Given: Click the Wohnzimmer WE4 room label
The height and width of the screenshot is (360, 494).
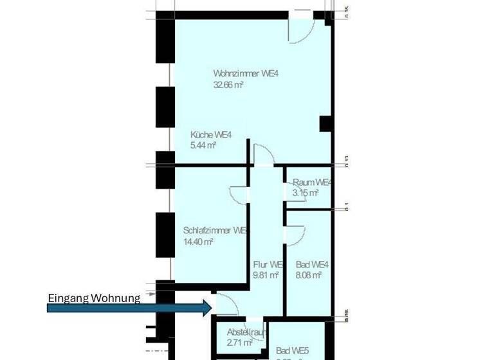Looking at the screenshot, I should pyautogui.click(x=246, y=73).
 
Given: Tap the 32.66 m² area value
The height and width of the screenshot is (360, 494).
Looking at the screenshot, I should pyautogui.click(x=228, y=84).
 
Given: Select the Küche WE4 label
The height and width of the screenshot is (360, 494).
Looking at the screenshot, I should pyautogui.click(x=210, y=134).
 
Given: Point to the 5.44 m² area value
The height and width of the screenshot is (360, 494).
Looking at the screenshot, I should pyautogui.click(x=203, y=145).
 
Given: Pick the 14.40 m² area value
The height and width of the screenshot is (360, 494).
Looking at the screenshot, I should pyautogui.click(x=198, y=242).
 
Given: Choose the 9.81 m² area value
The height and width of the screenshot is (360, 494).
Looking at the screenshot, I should pyautogui.click(x=266, y=275).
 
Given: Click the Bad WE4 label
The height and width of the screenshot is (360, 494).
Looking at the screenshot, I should pyautogui.click(x=313, y=264).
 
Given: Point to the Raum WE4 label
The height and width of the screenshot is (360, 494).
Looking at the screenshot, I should pyautogui.click(x=311, y=183).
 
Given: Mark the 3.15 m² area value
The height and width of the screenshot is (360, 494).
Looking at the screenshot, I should pyautogui.click(x=306, y=193).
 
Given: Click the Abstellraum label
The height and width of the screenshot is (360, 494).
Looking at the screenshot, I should pyautogui.click(x=247, y=332).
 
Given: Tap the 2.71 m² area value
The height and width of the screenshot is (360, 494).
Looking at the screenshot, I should pyautogui.click(x=239, y=343).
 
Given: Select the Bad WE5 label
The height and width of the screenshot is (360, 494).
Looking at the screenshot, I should pyautogui.click(x=293, y=350).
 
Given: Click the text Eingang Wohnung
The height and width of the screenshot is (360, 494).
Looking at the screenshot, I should pyautogui.click(x=94, y=298).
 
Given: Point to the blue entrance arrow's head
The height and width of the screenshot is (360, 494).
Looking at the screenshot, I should pyautogui.click(x=207, y=308).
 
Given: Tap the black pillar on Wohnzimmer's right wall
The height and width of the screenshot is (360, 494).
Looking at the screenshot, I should pyautogui.click(x=325, y=124).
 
